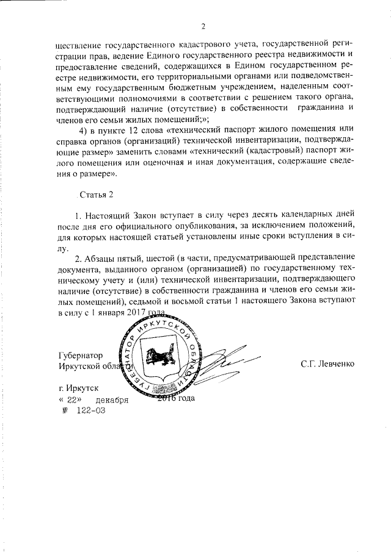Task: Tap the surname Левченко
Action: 327,364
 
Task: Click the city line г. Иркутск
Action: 78,388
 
